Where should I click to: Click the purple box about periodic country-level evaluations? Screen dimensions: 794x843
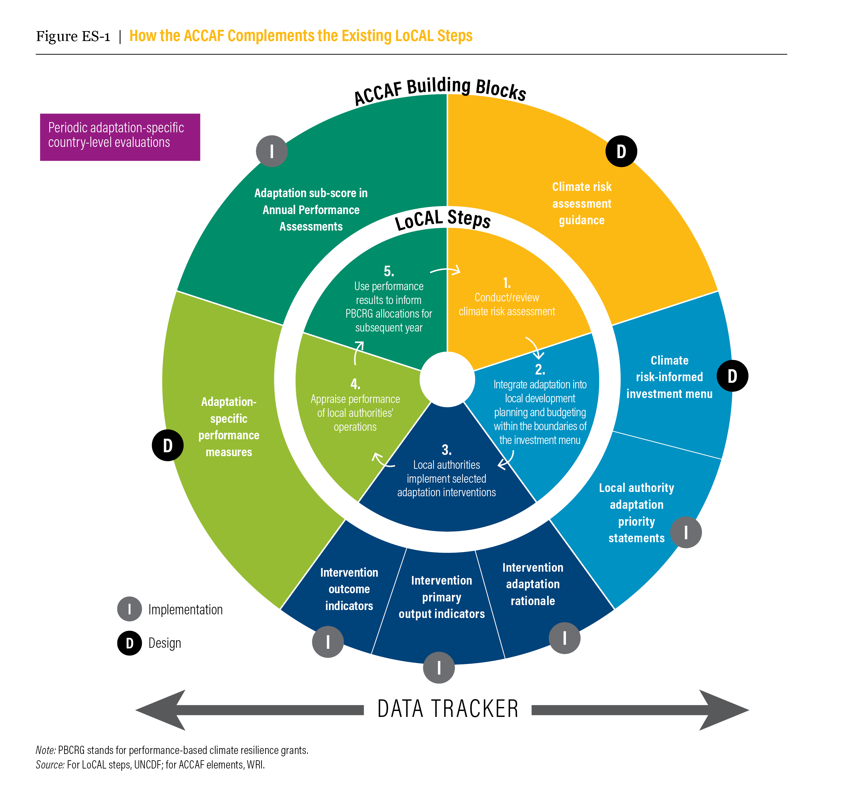pos(120,137)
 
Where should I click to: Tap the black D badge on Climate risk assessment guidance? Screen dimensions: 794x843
pos(621,151)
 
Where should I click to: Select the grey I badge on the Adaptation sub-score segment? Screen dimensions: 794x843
pos(272,151)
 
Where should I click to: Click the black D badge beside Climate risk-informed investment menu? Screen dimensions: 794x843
pos(732,376)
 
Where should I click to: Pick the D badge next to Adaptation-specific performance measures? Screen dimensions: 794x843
pos(168,445)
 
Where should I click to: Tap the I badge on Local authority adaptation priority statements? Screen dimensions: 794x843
pos(686,532)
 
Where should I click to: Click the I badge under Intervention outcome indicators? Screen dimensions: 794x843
pos(328,641)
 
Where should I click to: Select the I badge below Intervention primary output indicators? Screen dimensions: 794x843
pos(439,668)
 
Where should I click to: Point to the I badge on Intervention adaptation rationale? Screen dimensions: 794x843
pos(564,638)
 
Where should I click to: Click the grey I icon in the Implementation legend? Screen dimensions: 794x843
pos(129,609)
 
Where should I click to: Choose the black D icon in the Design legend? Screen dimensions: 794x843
pos(129,643)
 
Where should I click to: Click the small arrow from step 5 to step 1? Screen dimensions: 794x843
pos(445,270)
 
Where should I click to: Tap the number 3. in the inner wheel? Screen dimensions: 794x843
pos(447,449)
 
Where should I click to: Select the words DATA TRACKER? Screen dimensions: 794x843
pos(448,709)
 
